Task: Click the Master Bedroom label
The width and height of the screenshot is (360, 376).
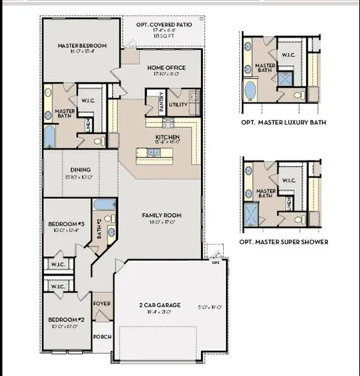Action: [x=82, y=46]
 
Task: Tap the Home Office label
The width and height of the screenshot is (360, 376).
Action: [x=167, y=68]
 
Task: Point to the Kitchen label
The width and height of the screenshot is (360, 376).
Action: [x=167, y=136]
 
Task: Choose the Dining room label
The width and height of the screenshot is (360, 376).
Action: [x=81, y=169]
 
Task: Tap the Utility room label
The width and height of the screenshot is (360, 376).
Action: [x=178, y=103]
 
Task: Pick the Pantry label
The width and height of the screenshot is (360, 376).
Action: [x=160, y=103]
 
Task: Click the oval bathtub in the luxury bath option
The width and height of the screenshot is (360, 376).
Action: [x=250, y=90]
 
